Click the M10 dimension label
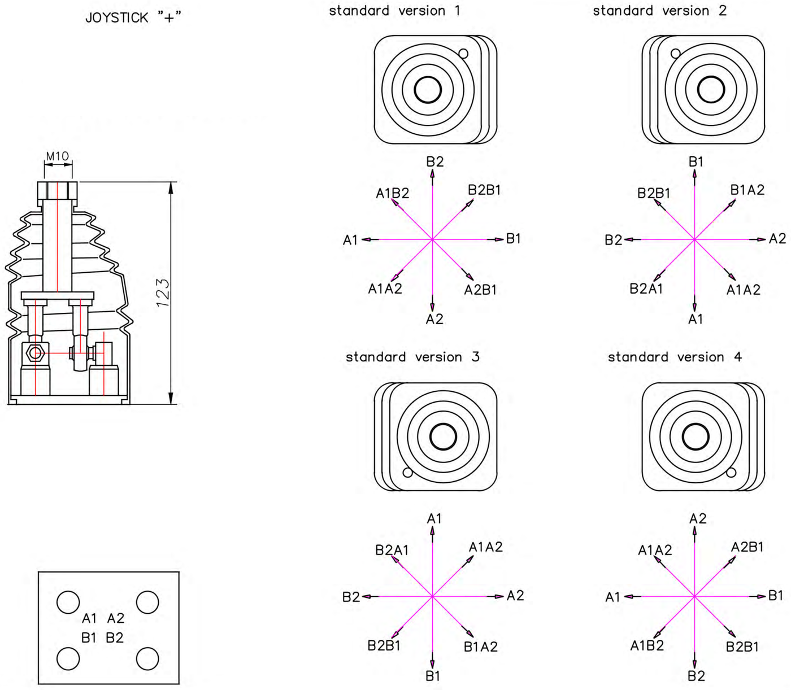click(x=57, y=156)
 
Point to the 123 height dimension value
click(x=163, y=293)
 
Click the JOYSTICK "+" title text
click(x=133, y=18)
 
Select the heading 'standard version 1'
click(x=395, y=10)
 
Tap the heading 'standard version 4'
click(x=675, y=357)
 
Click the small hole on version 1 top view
click(x=463, y=54)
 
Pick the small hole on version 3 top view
click(x=407, y=473)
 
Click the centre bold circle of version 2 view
click(x=711, y=90)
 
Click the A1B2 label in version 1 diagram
click(x=393, y=193)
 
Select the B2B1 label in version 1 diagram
click(x=484, y=190)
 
